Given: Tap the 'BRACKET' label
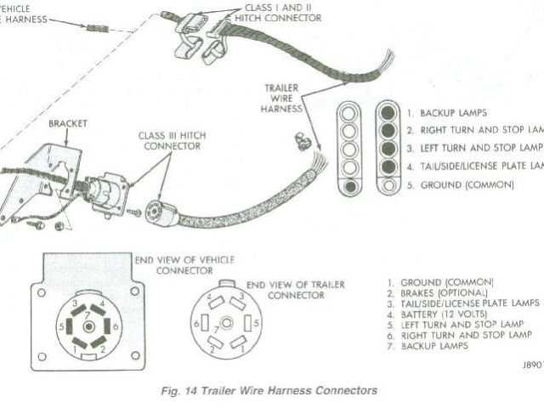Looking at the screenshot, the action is pyautogui.click(x=68, y=123).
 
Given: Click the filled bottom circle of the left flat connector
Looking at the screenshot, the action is pyautogui.click(x=348, y=185).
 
